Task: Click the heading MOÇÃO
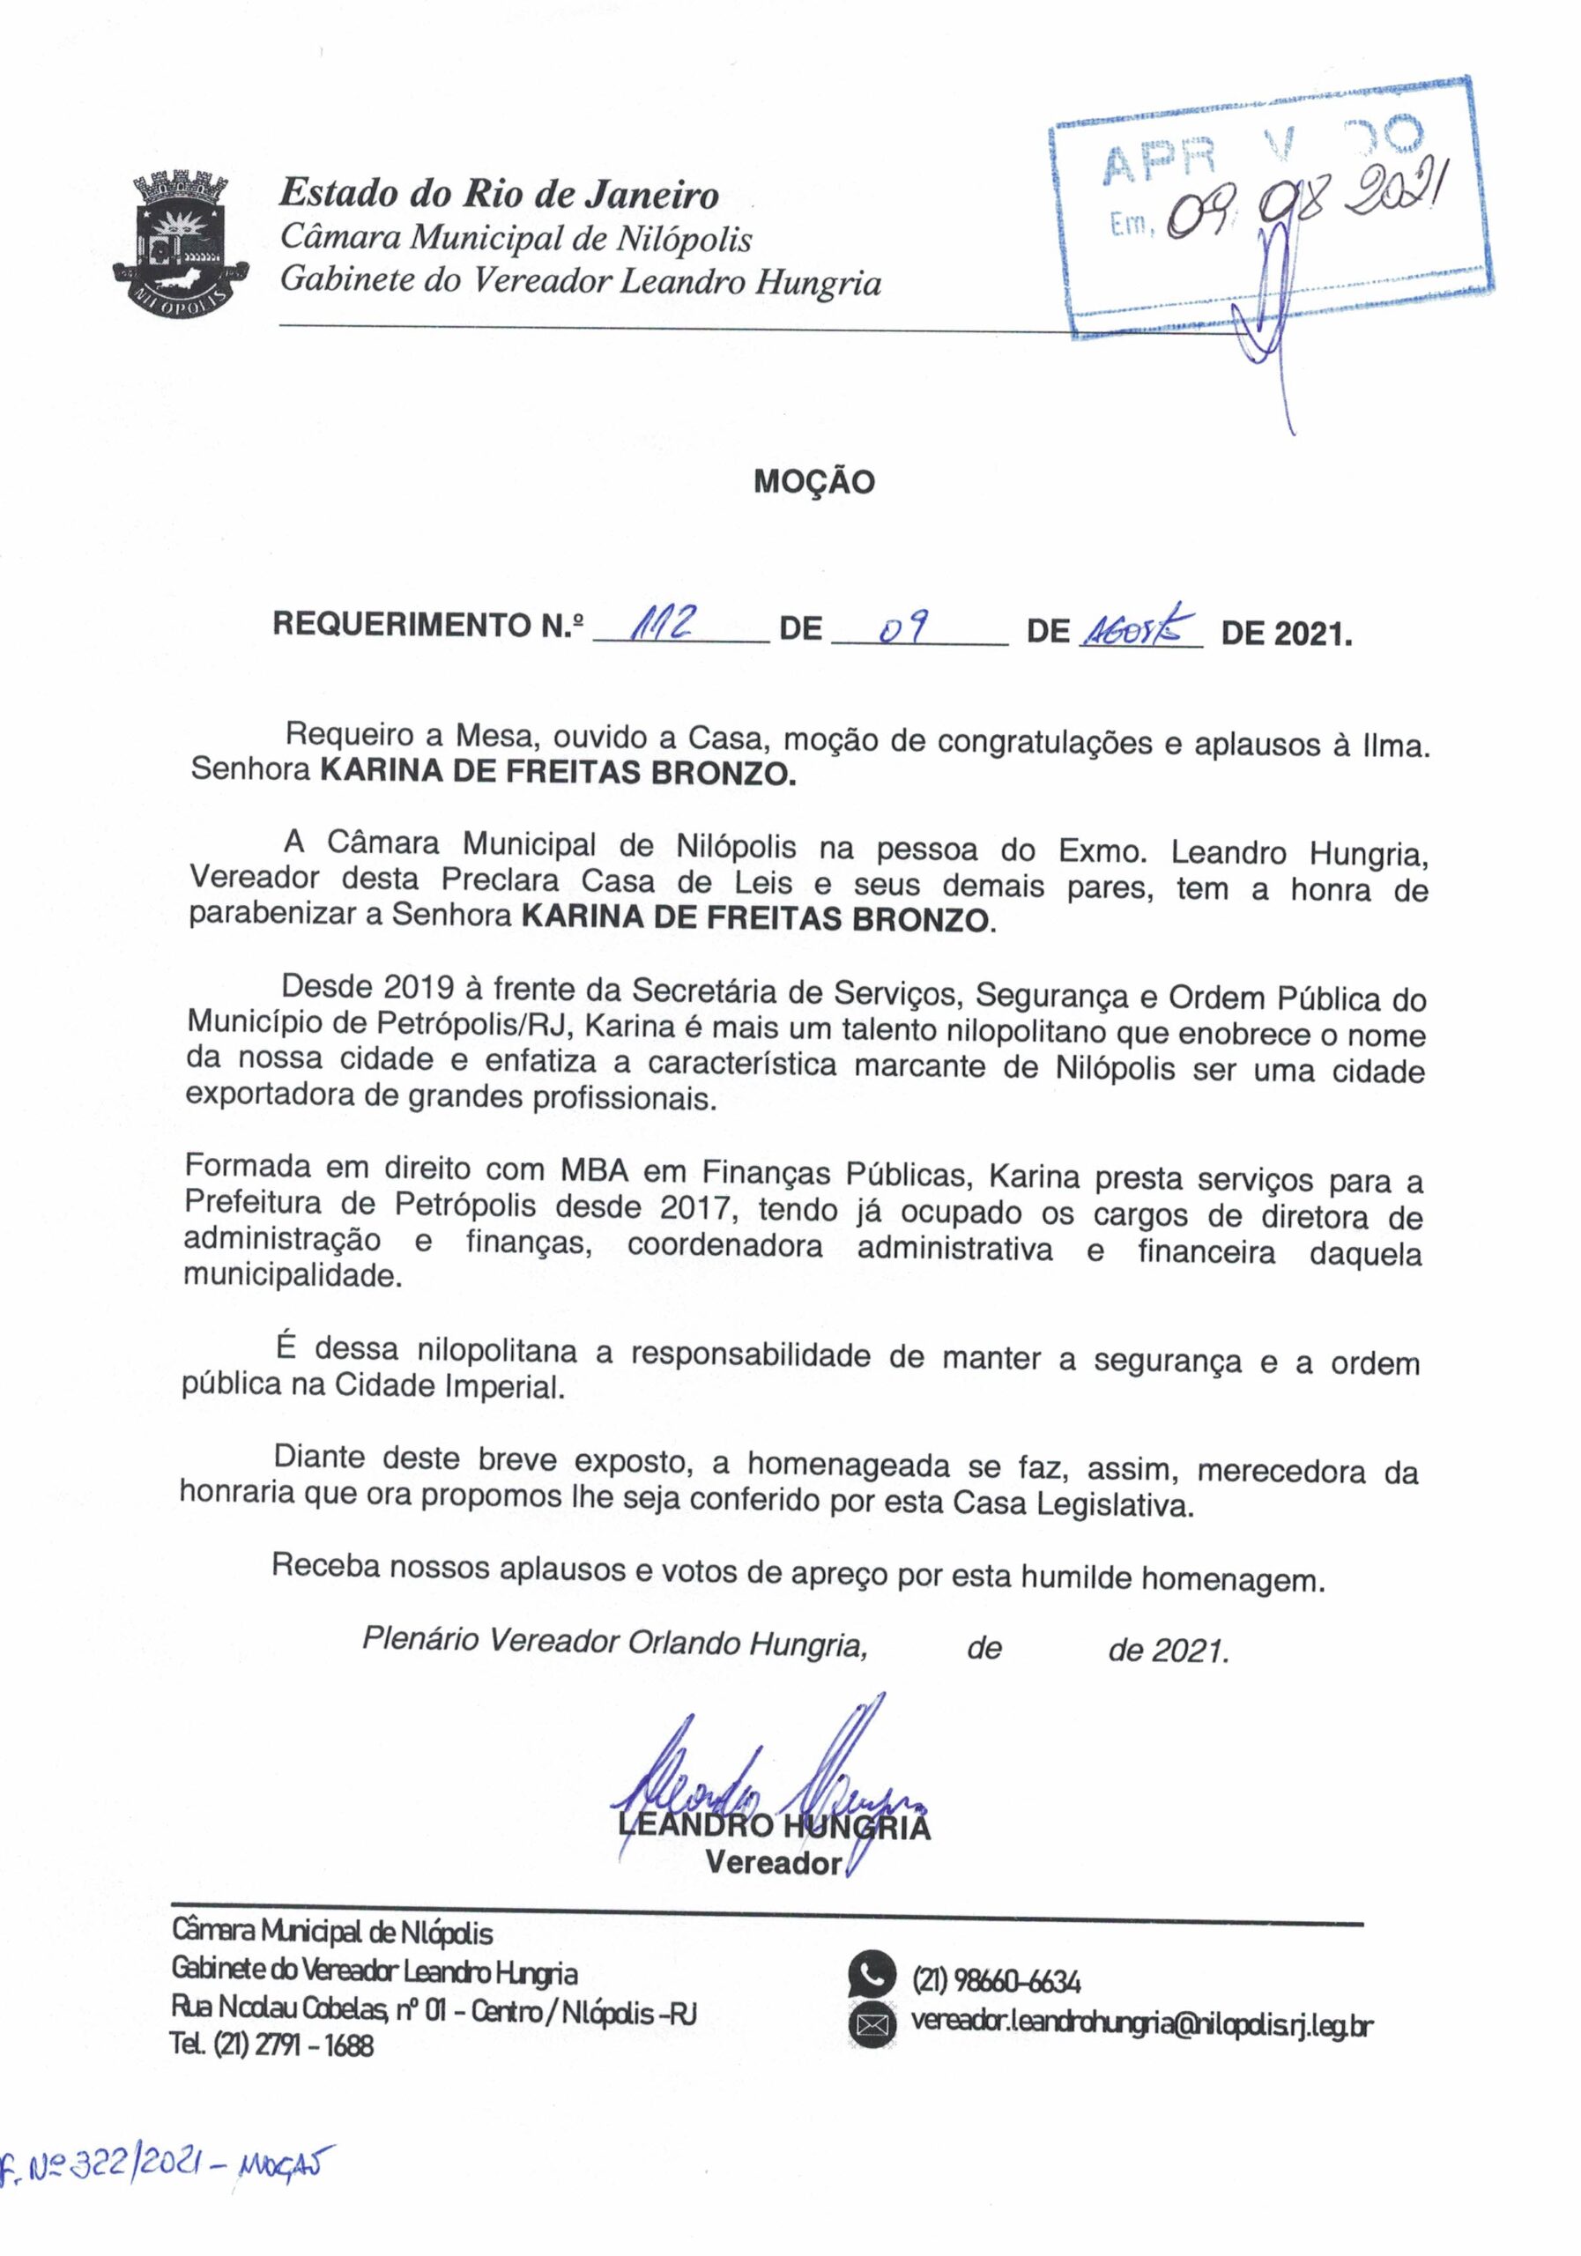[x=813, y=481]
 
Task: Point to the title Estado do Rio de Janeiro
[x=499, y=194]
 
